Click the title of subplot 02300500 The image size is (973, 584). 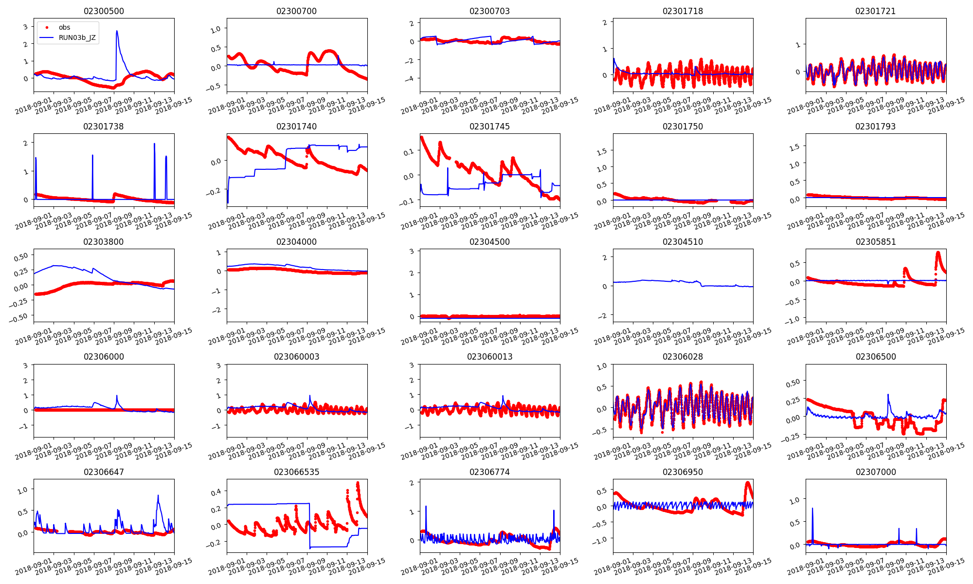(104, 11)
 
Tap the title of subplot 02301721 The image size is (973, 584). (875, 11)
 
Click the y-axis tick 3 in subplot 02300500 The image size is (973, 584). (25, 27)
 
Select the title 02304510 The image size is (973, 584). (683, 242)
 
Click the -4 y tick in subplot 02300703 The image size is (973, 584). (411, 79)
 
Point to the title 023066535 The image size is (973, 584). (296, 472)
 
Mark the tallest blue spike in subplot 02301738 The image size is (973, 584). (154, 144)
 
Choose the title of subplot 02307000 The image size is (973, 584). (875, 472)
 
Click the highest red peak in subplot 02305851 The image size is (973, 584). (938, 253)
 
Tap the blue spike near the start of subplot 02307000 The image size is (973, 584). (812, 509)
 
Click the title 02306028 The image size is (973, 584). (683, 357)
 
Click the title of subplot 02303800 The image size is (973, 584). (104, 242)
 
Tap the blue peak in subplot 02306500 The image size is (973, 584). (888, 395)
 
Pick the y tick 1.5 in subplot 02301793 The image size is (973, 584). (794, 146)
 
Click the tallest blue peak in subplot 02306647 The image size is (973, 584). (158, 496)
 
